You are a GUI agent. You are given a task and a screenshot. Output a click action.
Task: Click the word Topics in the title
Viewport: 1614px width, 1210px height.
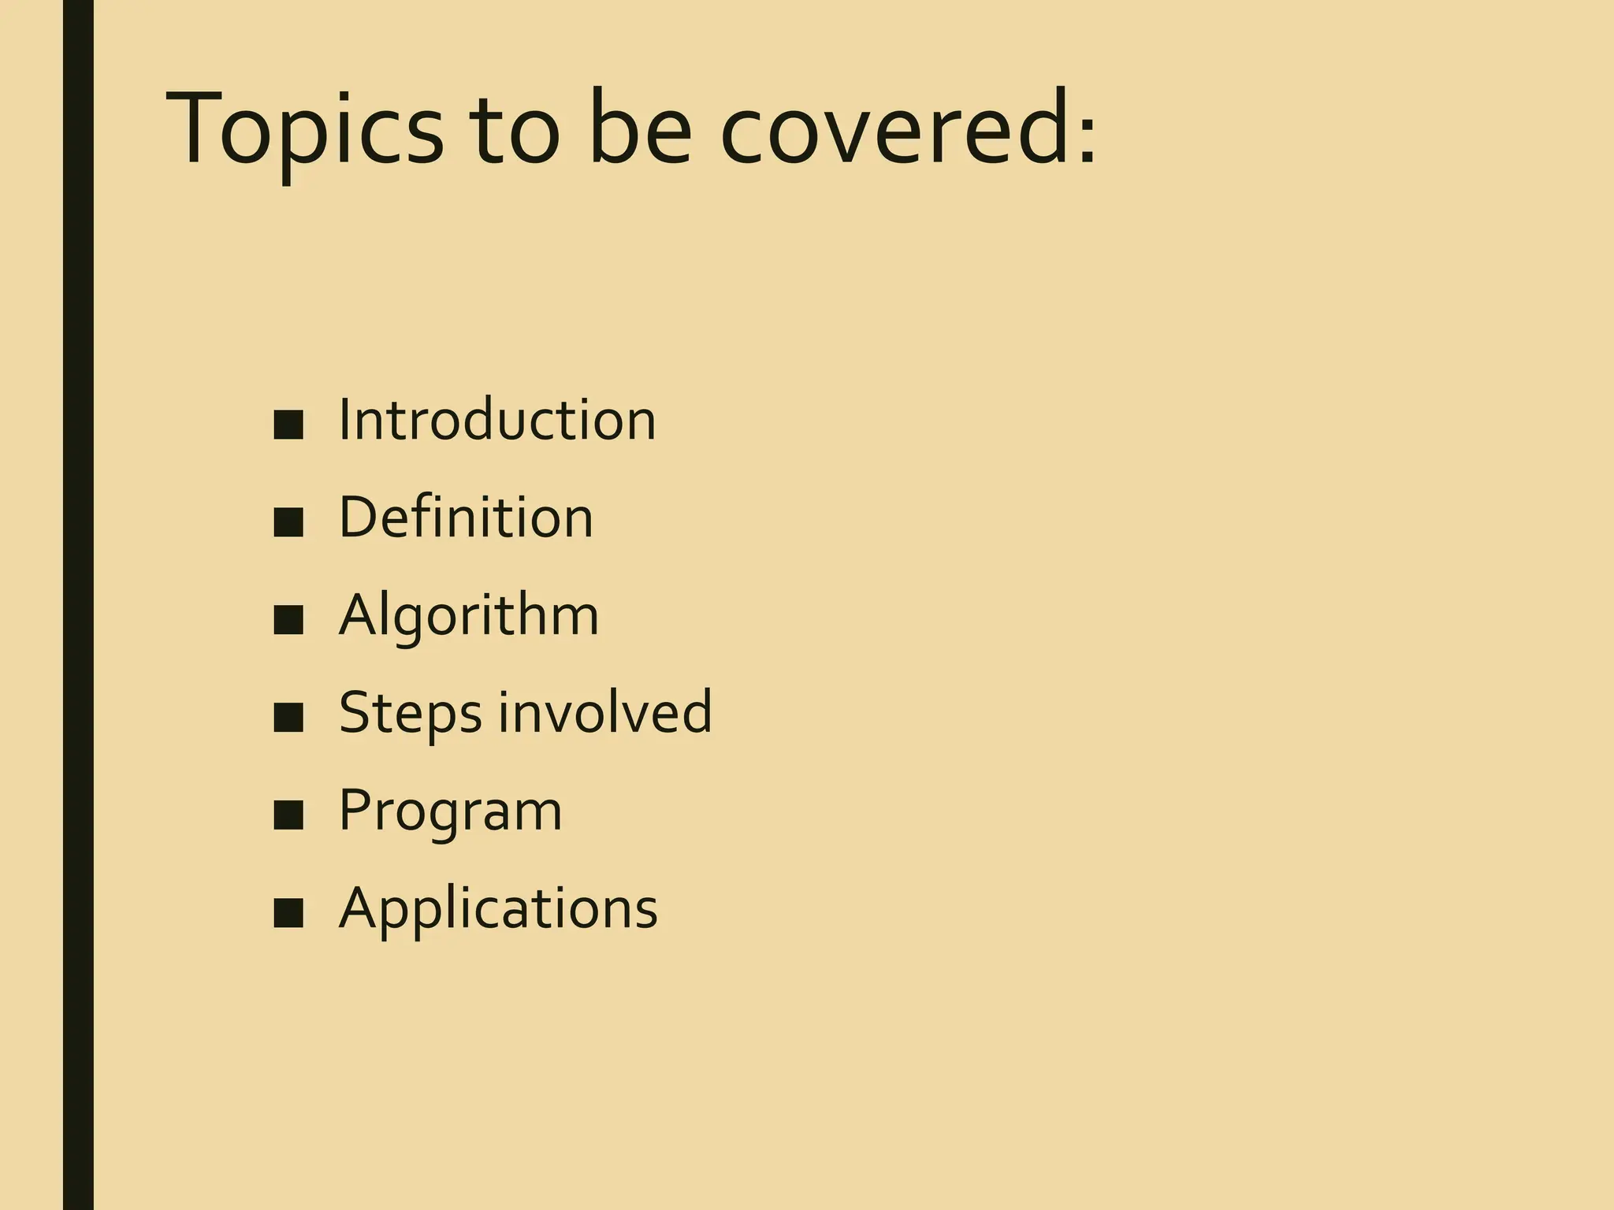pyautogui.click(x=303, y=130)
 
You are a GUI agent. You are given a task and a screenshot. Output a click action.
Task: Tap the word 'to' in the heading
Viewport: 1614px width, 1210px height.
pyautogui.click(x=513, y=130)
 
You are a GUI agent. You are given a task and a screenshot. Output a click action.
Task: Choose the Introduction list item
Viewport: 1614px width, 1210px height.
pyautogui.click(x=496, y=420)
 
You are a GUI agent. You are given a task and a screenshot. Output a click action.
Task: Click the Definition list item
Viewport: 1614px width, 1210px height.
pyautogui.click(x=465, y=518)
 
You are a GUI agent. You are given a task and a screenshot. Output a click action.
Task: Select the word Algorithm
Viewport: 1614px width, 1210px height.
pyautogui.click(x=469, y=616)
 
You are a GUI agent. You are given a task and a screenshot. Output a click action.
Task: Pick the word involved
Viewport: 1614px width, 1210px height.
pyautogui.click(x=604, y=711)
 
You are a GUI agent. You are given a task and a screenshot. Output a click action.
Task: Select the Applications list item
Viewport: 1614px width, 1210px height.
pyautogui.click(x=498, y=908)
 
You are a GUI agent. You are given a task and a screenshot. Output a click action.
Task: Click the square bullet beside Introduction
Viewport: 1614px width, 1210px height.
pyautogui.click(x=288, y=425)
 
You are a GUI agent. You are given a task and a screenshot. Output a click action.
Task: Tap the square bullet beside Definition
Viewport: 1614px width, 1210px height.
pyautogui.click(x=288, y=523)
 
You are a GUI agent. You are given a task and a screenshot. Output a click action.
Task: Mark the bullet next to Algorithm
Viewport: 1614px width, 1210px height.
pyautogui.click(x=288, y=621)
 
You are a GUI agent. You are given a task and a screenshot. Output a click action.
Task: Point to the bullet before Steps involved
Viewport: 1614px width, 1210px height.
pyautogui.click(x=288, y=718)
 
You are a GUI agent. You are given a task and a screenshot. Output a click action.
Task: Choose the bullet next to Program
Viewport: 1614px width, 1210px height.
pyautogui.click(x=288, y=816)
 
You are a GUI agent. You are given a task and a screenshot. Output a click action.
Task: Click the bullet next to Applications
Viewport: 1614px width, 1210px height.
pyautogui.click(x=288, y=914)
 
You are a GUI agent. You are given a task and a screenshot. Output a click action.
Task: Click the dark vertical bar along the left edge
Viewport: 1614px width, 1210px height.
pyautogui.click(x=78, y=605)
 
